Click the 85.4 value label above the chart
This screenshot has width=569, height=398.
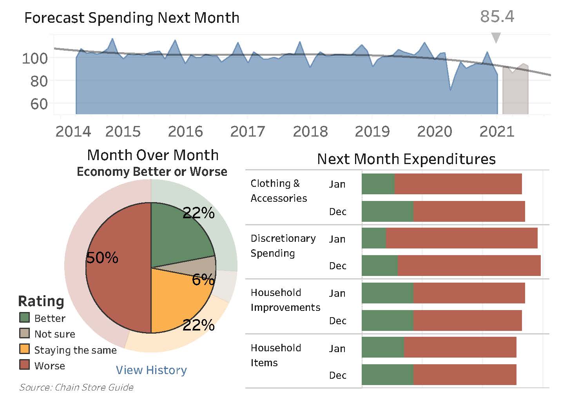coord(497,16)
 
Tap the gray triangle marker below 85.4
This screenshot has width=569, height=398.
coord(496,38)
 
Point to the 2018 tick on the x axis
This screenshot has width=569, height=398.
coord(310,131)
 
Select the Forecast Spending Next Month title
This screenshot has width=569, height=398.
coord(132,18)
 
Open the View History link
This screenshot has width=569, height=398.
coord(151,370)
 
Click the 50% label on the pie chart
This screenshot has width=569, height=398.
coord(102,258)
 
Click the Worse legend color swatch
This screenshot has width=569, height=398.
coord(24,365)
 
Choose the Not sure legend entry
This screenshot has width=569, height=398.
coord(54,334)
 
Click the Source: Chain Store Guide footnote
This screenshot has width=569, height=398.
coord(76,387)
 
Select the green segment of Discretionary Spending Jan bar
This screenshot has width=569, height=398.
coord(373,238)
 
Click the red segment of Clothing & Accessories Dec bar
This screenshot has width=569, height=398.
coord(469,212)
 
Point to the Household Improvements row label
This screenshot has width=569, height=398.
coord(285,300)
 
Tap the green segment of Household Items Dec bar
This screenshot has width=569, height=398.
coord(387,375)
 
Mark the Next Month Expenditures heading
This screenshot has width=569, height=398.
coord(406,159)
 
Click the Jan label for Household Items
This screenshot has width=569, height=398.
coord(337,349)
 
